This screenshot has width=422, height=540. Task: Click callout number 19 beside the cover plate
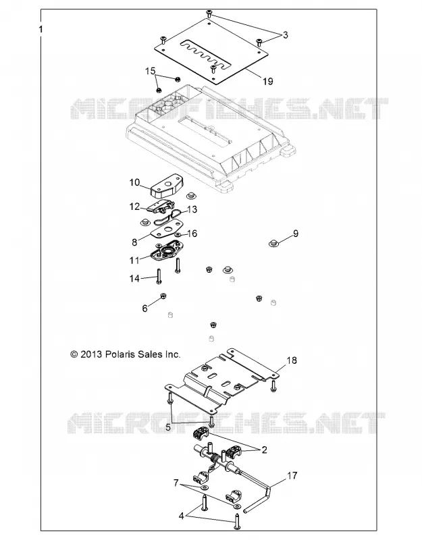tap(267, 81)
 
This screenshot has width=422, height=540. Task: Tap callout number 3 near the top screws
tap(285, 35)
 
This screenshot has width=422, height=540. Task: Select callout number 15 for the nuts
tap(150, 71)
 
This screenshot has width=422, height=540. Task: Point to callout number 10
tap(134, 182)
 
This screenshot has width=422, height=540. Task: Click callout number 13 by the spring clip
tap(192, 209)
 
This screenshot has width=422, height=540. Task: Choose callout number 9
tap(296, 234)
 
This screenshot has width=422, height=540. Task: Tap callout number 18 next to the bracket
tap(292, 360)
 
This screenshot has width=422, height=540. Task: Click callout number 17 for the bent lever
tap(292, 476)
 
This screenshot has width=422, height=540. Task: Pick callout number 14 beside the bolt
tap(134, 278)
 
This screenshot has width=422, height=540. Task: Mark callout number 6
tap(144, 308)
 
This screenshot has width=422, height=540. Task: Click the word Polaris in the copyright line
tap(120, 354)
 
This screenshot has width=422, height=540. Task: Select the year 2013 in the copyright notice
tap(91, 354)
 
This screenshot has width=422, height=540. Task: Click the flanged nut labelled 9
tap(273, 244)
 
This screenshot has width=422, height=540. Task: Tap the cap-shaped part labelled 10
tap(167, 186)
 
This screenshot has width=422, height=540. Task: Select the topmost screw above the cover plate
tap(209, 13)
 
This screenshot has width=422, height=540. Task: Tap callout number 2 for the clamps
tap(264, 450)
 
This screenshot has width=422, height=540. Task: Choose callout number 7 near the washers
tap(176, 483)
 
